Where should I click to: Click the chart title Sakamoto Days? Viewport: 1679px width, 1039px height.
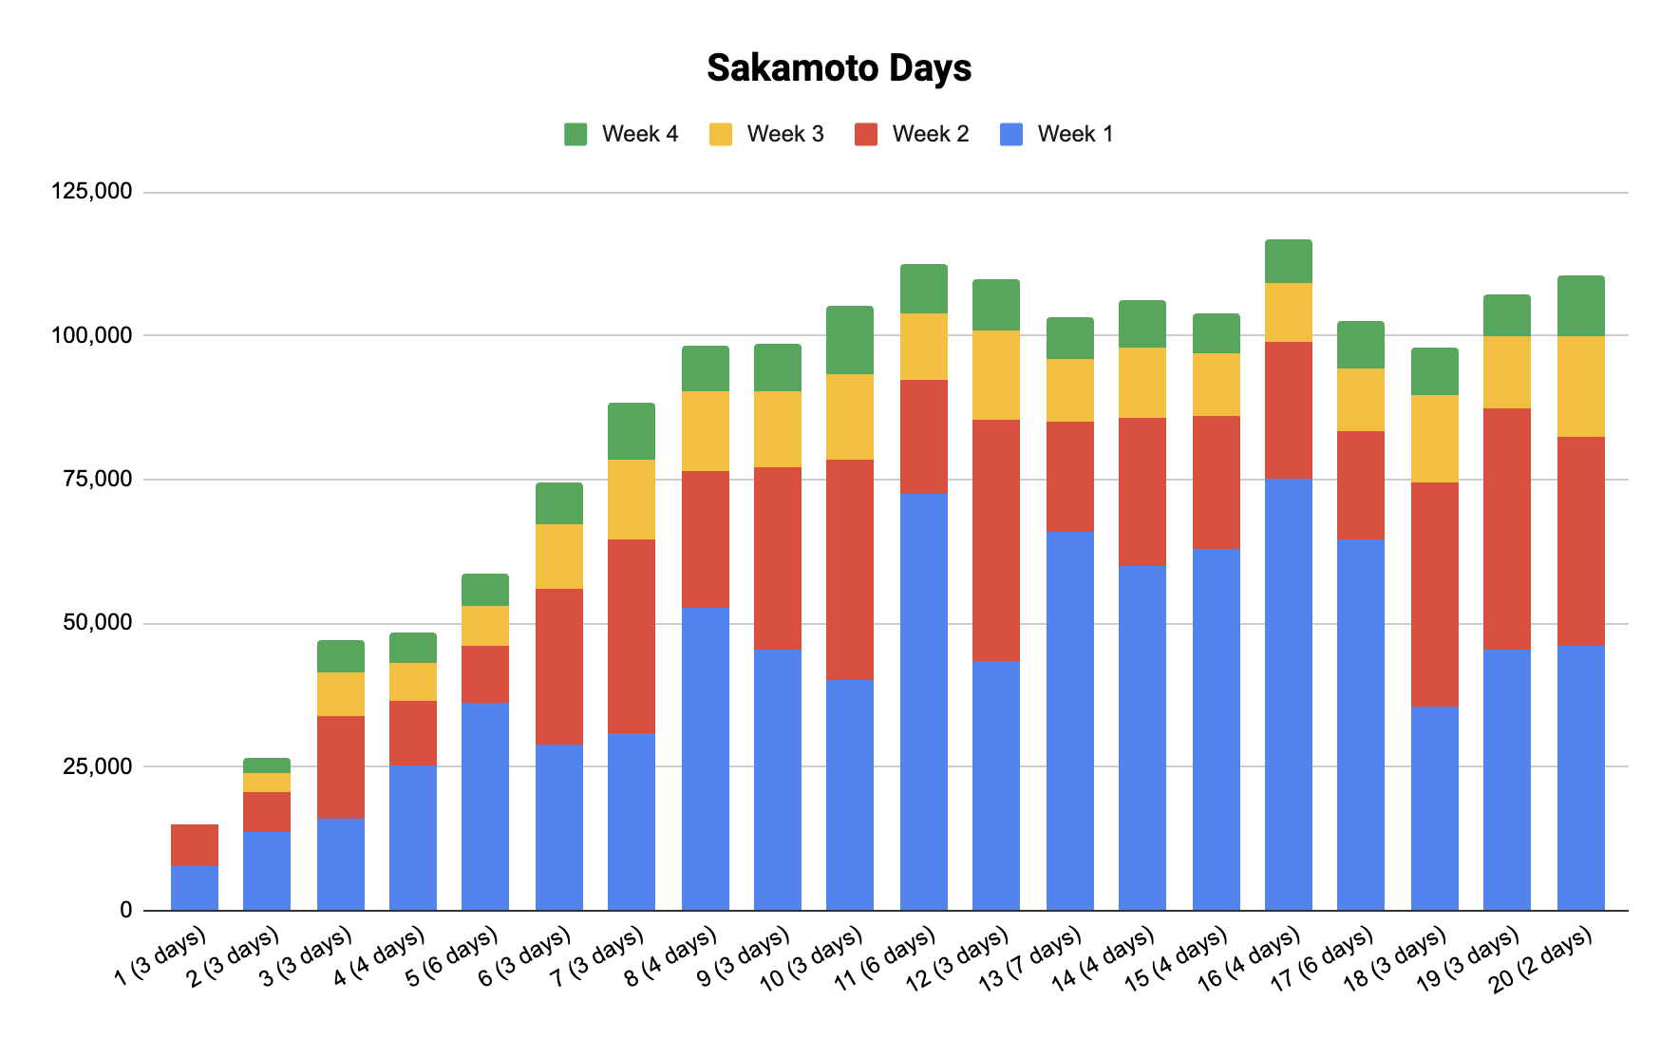[x=839, y=68]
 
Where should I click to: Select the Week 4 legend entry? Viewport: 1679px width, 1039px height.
[x=622, y=134]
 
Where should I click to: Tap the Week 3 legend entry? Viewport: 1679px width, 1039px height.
[x=767, y=134]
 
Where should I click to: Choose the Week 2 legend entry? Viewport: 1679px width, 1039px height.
[x=913, y=134]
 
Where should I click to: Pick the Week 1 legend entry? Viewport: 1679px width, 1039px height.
[x=1058, y=134]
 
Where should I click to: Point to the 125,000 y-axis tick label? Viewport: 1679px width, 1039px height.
[x=91, y=192]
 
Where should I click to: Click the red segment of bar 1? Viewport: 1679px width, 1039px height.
[x=195, y=844]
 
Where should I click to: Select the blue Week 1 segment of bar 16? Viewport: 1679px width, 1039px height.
[x=1289, y=693]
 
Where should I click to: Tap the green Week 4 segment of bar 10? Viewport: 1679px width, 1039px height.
[x=850, y=339]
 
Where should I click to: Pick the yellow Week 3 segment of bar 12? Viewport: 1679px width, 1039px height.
[x=996, y=374]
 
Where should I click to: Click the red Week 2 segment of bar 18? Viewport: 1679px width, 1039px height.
[x=1435, y=594]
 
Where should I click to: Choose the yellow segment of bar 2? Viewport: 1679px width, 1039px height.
[x=267, y=782]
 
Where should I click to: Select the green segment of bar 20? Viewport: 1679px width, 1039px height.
[x=1581, y=305]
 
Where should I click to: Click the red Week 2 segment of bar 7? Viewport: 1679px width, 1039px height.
[x=632, y=635]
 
